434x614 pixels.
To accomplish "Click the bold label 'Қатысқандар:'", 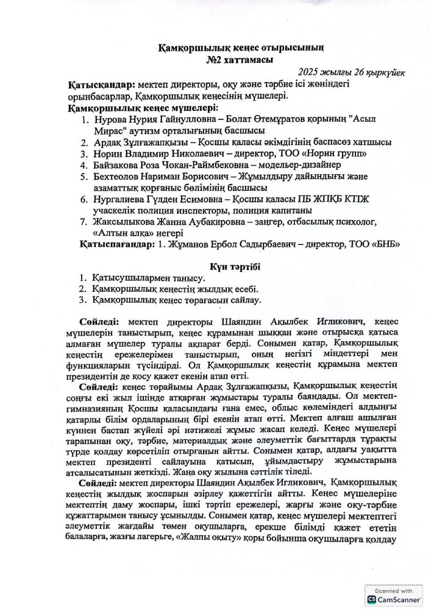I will pyautogui.click(x=104, y=84).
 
